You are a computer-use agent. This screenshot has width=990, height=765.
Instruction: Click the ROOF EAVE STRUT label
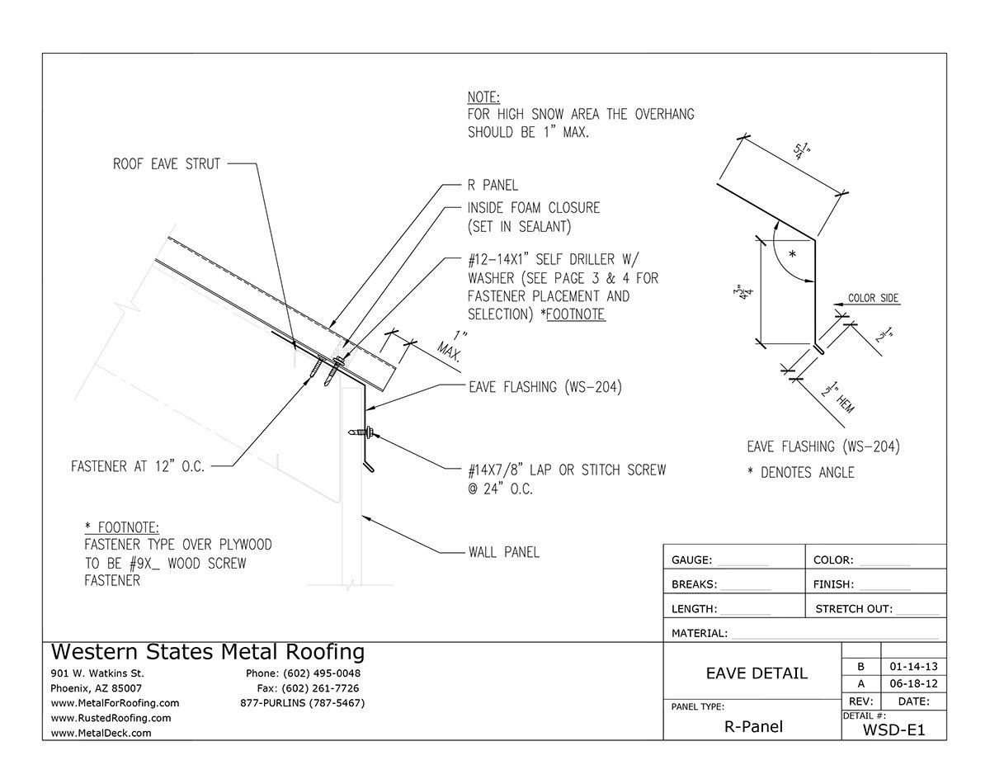coord(167,164)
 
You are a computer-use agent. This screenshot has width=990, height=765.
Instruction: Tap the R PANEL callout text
coord(493,186)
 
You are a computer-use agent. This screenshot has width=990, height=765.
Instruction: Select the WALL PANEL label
coord(503,551)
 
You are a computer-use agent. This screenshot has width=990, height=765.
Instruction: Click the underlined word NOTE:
coord(483,97)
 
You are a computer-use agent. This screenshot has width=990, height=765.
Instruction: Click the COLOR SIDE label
coord(872,298)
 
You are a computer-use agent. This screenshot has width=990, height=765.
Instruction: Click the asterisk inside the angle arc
coord(792,254)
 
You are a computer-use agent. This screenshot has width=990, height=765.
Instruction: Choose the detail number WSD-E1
coord(893,730)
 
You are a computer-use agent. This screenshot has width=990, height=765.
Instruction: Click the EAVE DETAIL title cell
coord(757,673)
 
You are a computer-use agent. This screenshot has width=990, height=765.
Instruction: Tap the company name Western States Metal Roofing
coord(208,652)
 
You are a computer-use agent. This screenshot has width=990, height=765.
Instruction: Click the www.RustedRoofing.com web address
coord(111,718)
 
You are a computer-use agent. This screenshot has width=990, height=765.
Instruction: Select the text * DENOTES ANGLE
coord(800,473)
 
